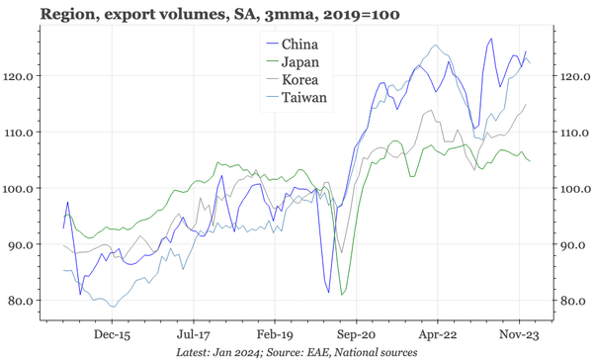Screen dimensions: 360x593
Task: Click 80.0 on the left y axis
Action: pos(23,301)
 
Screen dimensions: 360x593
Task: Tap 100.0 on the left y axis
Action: pos(20,188)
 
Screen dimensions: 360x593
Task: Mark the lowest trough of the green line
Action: pos(343,294)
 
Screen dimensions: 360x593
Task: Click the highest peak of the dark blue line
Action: pos(490,39)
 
